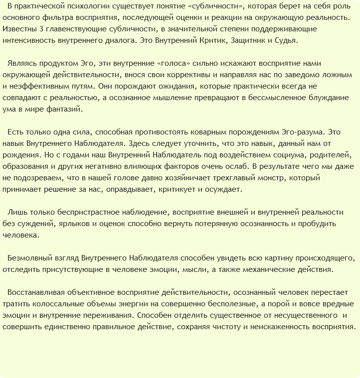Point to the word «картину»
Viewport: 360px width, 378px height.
(280, 258)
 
